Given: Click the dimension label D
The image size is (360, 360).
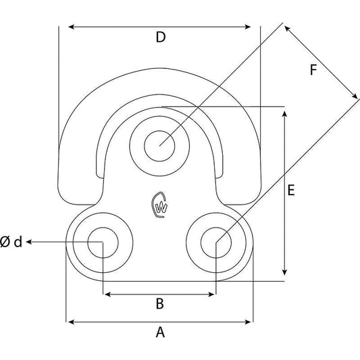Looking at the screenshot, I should [160, 38].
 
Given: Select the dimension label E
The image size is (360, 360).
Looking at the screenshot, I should [291, 191].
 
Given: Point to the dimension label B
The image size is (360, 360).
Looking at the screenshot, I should [160, 304].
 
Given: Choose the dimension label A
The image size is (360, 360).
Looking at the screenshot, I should [160, 332].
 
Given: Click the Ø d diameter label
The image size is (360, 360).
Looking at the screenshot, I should [12, 242].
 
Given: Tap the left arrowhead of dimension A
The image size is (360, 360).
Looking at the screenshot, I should [69, 322].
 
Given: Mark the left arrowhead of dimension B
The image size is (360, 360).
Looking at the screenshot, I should [106, 294].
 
